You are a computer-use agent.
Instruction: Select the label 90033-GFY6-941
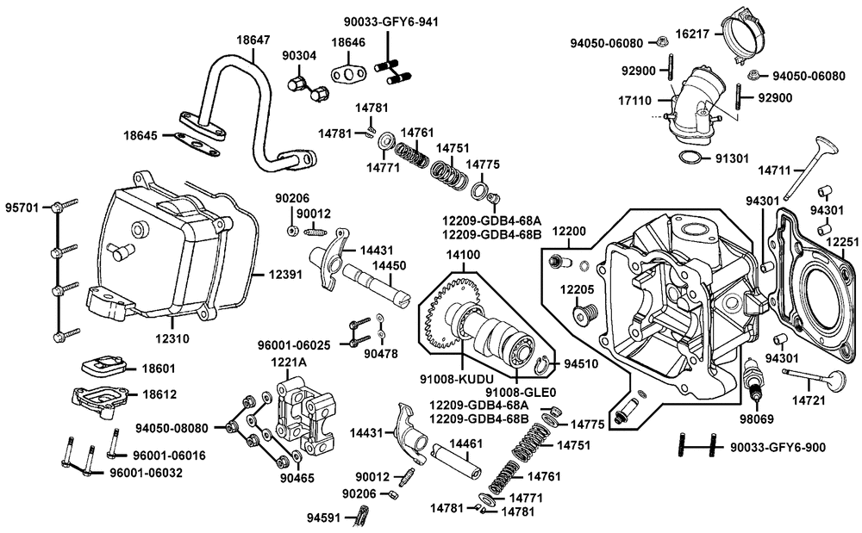tap(390, 22)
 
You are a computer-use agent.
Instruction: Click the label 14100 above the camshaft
tap(461, 255)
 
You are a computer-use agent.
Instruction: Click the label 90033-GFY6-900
tap(778, 447)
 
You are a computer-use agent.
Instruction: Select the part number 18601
tap(158, 369)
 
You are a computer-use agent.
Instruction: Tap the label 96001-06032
tap(145, 473)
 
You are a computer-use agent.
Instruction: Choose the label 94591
tap(324, 518)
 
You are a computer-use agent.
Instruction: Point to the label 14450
tap(383, 266)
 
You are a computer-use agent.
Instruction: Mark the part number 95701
tap(23, 208)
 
